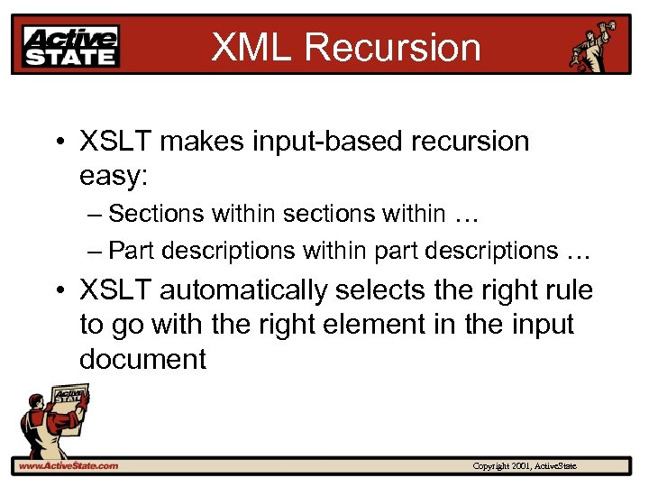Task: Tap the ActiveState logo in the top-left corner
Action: (x=71, y=45)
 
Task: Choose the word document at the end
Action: (x=142, y=359)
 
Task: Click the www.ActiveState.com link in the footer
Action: (x=69, y=465)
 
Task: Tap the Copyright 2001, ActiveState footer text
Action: (x=525, y=465)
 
